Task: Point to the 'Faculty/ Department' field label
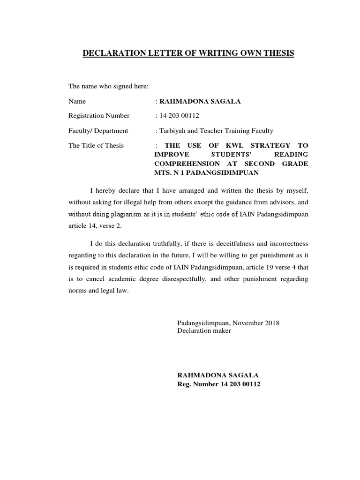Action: (98, 131)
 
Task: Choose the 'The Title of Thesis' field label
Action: (96, 145)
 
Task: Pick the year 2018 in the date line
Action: (271, 323)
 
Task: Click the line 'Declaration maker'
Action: (204, 330)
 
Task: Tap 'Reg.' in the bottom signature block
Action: (184, 384)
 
